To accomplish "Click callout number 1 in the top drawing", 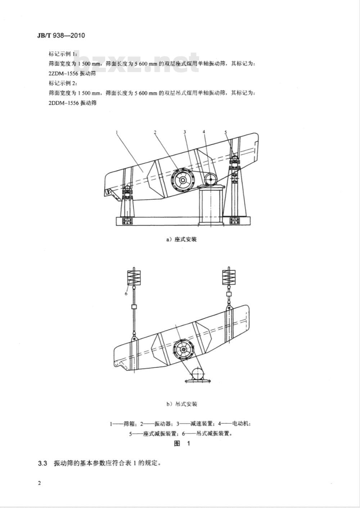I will point(118,132).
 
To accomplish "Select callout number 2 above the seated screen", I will point(155,132).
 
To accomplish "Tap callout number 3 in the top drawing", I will point(185,132).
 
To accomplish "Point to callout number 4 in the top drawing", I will point(204,132).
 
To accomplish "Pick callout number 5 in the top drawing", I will point(226,132).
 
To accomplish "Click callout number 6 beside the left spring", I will point(126,294).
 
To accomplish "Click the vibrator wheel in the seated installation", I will point(183,180).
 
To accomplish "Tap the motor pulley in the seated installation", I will point(210,178).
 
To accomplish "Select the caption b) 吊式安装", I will point(182,404).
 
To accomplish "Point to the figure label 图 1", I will point(182,444).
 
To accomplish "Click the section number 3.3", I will point(43,463).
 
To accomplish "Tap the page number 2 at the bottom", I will point(39,483).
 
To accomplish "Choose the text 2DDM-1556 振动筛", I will point(72,103).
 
